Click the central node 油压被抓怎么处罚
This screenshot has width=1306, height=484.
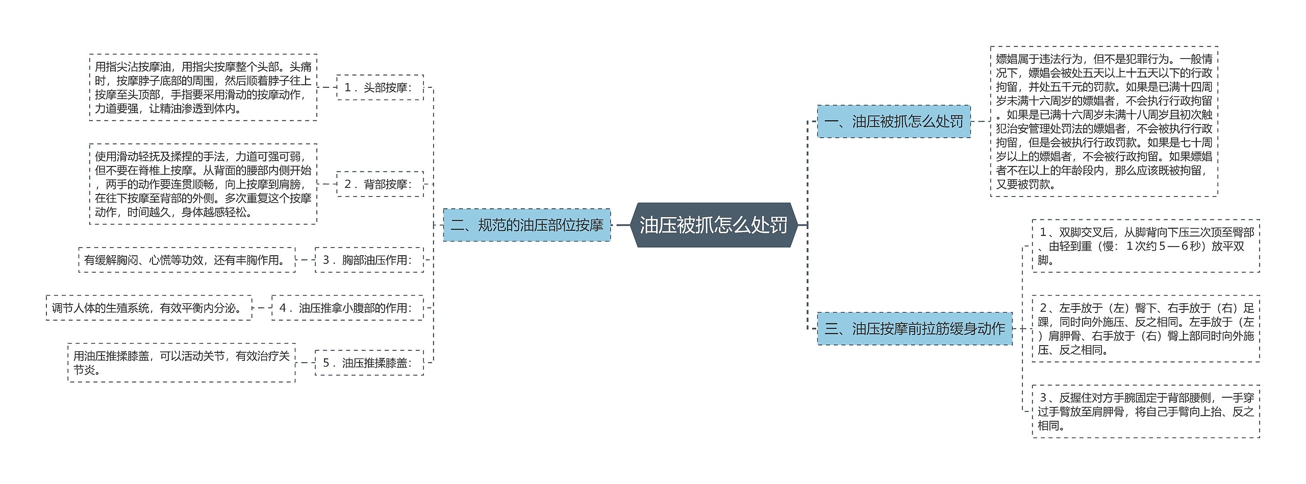tap(713, 225)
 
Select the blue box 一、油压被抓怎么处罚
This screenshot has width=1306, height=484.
tap(893, 122)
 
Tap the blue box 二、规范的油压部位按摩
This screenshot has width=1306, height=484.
tap(526, 225)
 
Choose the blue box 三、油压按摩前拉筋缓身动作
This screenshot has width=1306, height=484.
tap(914, 329)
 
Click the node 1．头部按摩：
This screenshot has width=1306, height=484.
tap(380, 87)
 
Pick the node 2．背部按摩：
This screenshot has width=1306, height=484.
tap(380, 184)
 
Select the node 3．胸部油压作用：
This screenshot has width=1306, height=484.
tap(369, 260)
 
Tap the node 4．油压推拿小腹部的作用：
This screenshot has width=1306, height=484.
tap(347, 308)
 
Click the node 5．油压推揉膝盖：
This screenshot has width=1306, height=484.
tap(369, 363)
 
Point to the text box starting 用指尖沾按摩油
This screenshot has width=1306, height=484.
tap(203, 87)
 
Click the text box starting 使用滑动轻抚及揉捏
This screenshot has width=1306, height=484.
tap(203, 184)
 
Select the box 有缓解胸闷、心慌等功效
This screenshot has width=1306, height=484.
tap(187, 260)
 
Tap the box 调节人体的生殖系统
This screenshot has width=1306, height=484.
tap(149, 308)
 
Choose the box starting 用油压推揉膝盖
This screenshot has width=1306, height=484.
tap(181, 363)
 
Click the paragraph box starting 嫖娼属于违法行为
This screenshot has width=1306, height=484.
tap(1104, 122)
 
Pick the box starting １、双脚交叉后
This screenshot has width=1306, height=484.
tap(1145, 246)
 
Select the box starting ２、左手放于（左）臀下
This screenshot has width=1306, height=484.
tap(1145, 329)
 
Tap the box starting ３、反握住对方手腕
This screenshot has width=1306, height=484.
tap(1145, 412)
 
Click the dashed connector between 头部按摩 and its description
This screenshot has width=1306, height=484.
tap(326, 87)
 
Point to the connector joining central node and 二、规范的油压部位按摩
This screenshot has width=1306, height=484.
tap(621, 225)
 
